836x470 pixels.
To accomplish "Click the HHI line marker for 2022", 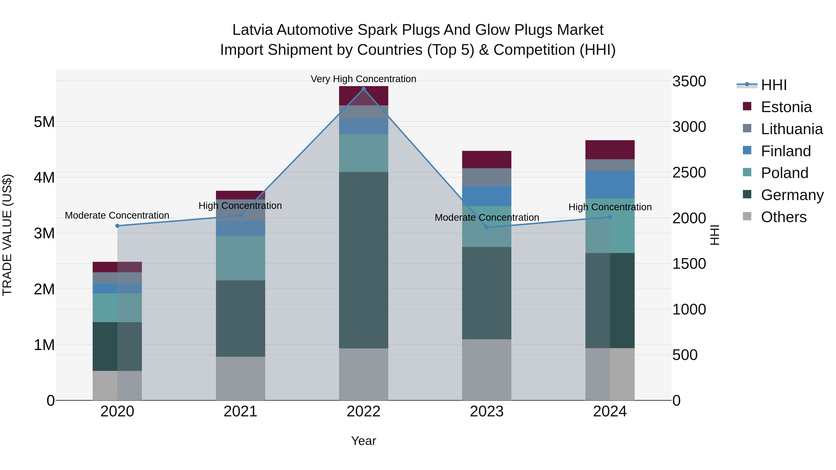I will [363, 89].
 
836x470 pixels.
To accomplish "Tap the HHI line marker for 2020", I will [118, 226].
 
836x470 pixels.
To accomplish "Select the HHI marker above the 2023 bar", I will [487, 227].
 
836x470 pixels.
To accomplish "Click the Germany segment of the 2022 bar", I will [363, 260].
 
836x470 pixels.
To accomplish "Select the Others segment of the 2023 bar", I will [487, 370].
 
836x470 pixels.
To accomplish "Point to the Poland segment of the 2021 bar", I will [241, 258].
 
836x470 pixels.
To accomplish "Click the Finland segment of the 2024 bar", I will [610, 185].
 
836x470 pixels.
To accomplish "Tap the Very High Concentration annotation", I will [363, 79].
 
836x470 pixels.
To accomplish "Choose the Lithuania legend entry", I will [792, 129].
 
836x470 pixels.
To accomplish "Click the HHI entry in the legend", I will [774, 85].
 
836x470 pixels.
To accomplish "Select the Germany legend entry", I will [792, 195].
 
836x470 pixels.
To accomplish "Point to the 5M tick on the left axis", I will [44, 122].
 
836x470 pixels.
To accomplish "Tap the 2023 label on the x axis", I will [487, 412].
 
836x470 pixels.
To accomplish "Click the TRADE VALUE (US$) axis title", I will [7, 235].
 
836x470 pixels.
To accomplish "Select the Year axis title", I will [363, 441].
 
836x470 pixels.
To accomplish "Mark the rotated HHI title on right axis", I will [715, 235].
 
